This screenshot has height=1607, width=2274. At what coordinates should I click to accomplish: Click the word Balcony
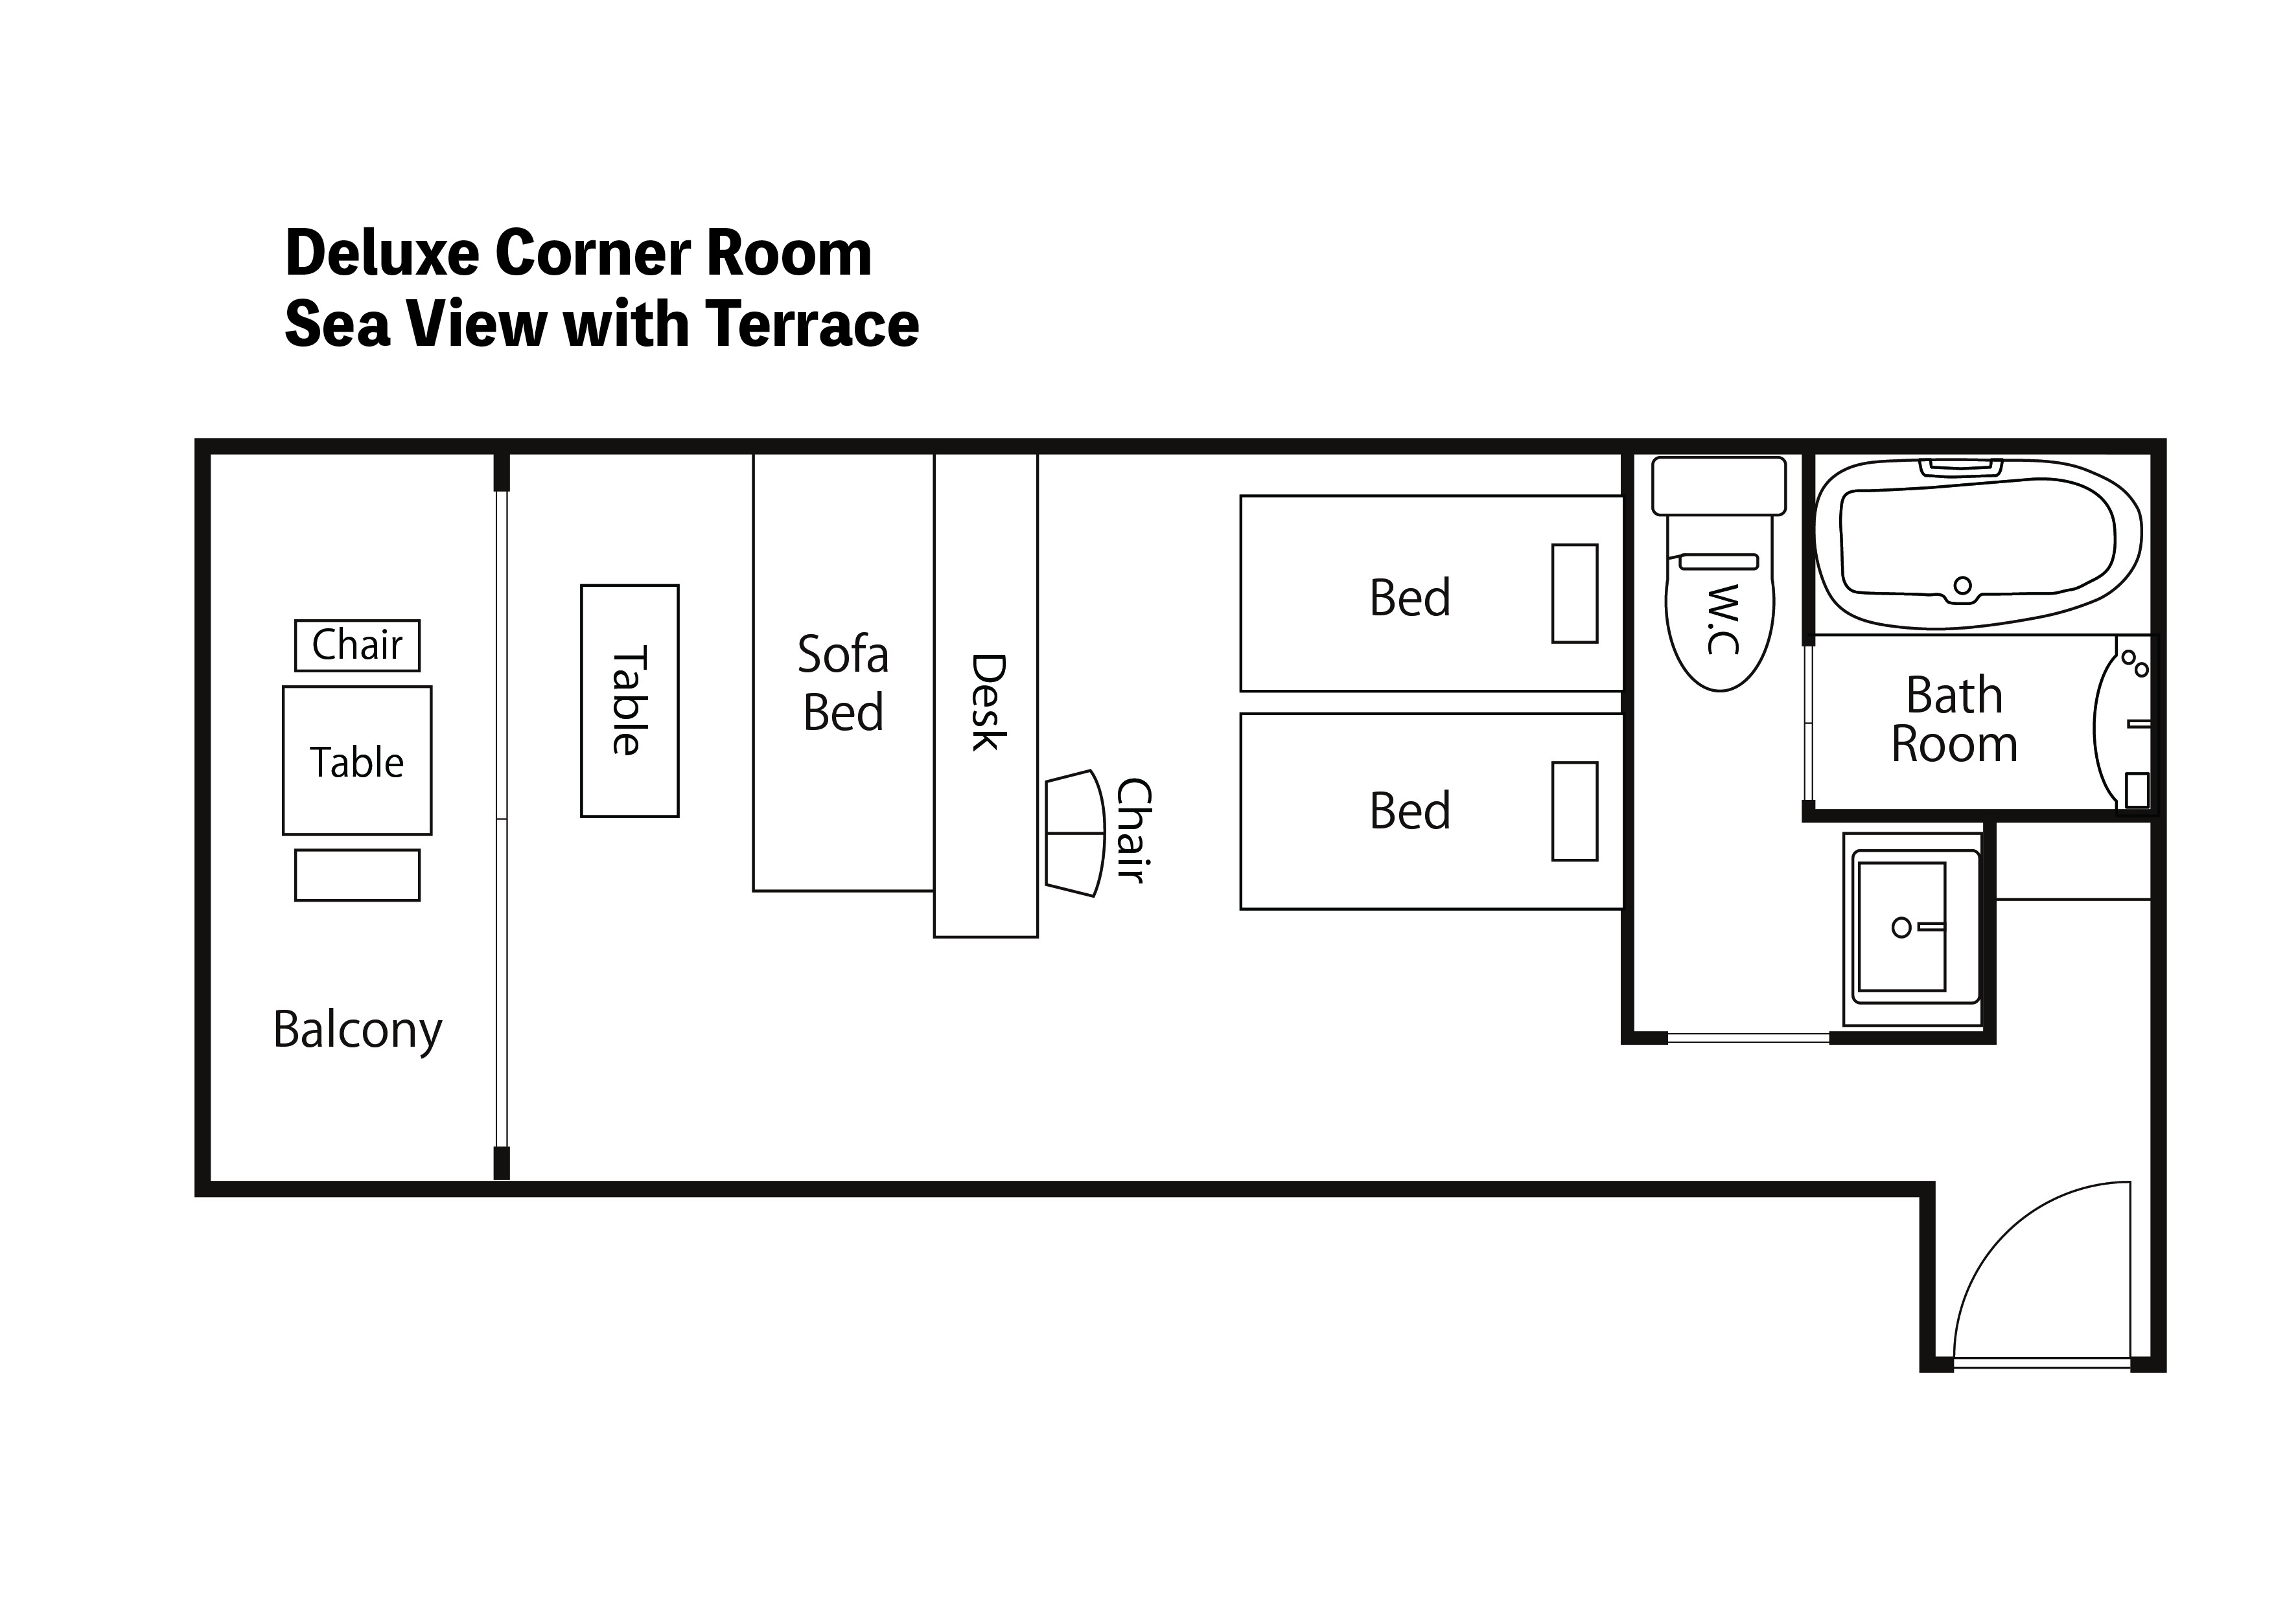tap(358, 1031)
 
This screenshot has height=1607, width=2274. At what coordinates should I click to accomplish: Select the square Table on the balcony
tap(358, 760)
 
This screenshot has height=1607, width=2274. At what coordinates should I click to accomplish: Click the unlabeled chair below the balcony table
tap(358, 875)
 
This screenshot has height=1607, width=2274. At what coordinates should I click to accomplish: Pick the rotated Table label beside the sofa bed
tap(629, 700)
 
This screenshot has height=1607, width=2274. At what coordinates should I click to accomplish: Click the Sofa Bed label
tap(844, 683)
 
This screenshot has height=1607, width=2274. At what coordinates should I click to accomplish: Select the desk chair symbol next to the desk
tap(1074, 834)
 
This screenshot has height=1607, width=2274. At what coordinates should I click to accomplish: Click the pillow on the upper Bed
tap(1575, 593)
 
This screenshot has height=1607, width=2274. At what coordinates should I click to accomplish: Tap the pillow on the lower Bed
tap(1575, 811)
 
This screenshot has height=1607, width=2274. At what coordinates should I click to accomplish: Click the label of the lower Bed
tap(1410, 811)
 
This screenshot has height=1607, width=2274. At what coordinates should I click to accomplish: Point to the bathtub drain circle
tap(1963, 585)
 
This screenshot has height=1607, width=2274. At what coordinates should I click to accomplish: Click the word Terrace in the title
tap(813, 324)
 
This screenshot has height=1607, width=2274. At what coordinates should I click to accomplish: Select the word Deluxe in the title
tap(381, 253)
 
